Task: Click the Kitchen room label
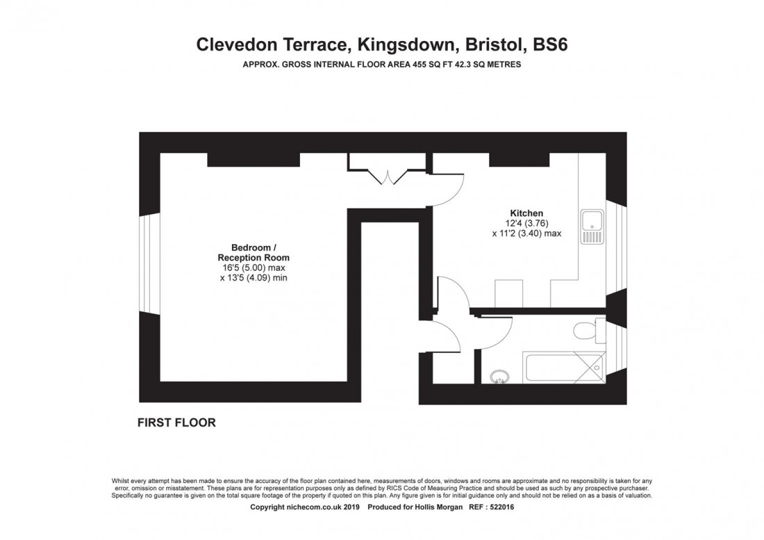pyautogui.click(x=526, y=213)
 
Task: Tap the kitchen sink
pyautogui.click(x=592, y=226)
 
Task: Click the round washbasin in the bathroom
pyautogui.click(x=499, y=376)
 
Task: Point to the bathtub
pyautogui.click(x=564, y=367)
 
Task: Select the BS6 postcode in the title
pyautogui.click(x=551, y=44)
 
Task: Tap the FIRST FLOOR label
pyautogui.click(x=176, y=423)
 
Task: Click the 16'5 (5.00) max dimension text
pyautogui.click(x=254, y=268)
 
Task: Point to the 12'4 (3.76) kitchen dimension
pyautogui.click(x=526, y=223)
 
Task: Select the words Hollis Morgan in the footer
pyautogui.click(x=438, y=507)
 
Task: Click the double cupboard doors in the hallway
pyautogui.click(x=388, y=177)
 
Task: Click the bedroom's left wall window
pyautogui.click(x=149, y=263)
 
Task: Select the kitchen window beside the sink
pyautogui.click(x=616, y=245)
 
